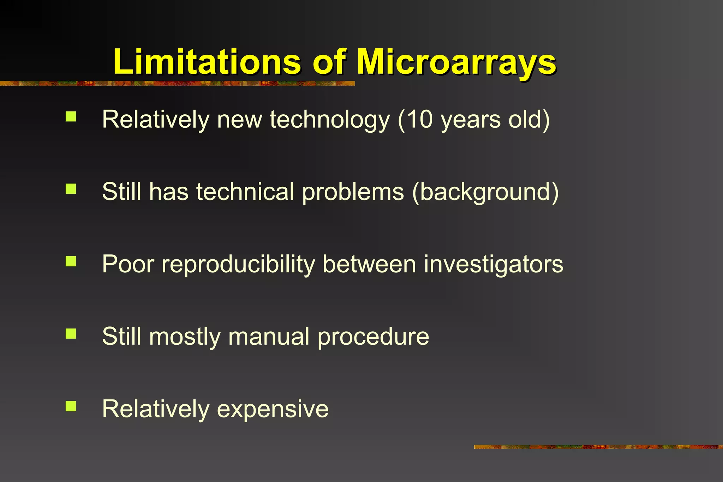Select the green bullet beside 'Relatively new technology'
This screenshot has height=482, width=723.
click(71, 116)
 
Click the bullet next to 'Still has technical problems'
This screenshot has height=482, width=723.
click(71, 189)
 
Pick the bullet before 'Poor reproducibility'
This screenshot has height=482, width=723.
click(71, 261)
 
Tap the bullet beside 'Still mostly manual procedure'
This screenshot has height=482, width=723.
click(71, 334)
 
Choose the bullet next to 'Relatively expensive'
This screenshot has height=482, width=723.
click(71, 406)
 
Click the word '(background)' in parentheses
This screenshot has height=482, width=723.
click(485, 192)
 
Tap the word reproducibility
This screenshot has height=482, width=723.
click(238, 265)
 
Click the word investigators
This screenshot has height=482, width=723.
click(494, 265)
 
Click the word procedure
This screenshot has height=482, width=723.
click(373, 337)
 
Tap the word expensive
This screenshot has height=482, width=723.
click(273, 409)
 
